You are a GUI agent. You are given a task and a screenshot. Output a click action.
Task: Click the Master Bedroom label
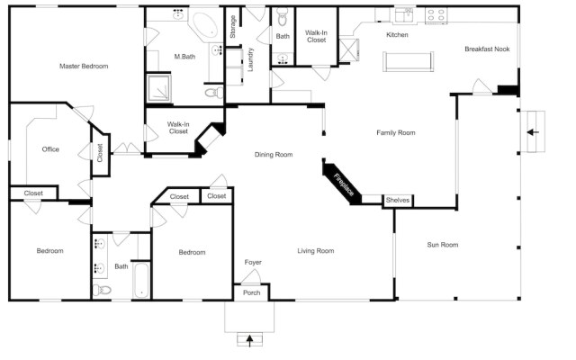84,67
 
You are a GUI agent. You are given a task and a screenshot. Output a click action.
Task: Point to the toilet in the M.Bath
212,92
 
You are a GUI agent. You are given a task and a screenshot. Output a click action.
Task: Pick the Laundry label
251,59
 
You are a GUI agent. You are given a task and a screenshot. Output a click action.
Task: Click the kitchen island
409,61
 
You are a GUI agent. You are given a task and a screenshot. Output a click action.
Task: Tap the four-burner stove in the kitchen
436,14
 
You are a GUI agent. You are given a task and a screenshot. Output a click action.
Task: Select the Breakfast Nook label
487,49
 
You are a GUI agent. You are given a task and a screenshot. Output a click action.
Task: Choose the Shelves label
397,200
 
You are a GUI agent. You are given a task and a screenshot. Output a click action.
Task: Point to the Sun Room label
442,244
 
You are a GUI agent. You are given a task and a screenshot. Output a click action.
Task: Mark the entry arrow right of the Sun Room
533,132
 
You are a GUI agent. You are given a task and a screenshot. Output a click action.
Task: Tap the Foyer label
253,263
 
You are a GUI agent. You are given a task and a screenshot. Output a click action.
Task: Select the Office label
50,149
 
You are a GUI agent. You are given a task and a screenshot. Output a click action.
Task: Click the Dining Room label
274,155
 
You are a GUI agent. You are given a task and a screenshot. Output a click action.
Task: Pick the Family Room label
395,133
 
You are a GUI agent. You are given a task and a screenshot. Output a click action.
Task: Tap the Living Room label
316,251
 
